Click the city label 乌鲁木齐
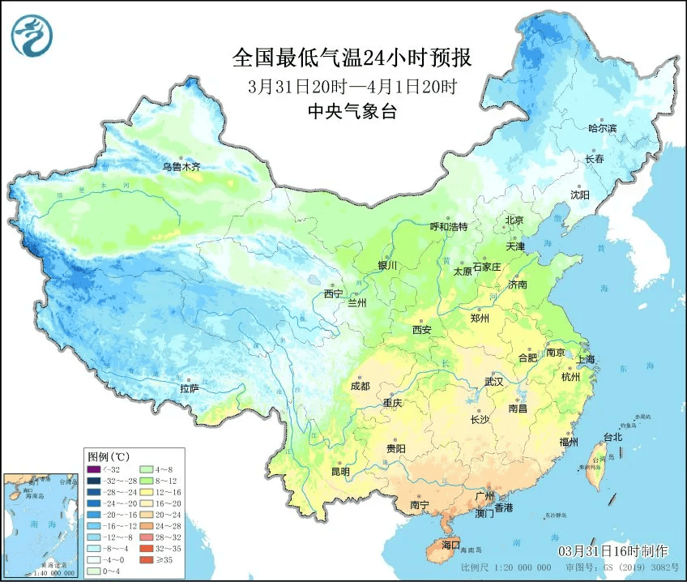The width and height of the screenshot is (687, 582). [180, 166]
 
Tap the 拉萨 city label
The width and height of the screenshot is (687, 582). [190, 388]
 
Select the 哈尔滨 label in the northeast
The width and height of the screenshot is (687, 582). [602, 128]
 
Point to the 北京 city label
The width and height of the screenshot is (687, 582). [515, 220]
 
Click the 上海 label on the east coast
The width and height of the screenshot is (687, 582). [587, 359]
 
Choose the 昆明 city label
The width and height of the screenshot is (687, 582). [340, 471]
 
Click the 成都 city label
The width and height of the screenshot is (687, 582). [361, 386]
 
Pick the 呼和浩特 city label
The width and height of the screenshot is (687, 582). [448, 226]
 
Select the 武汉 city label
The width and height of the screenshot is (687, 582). [493, 380]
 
